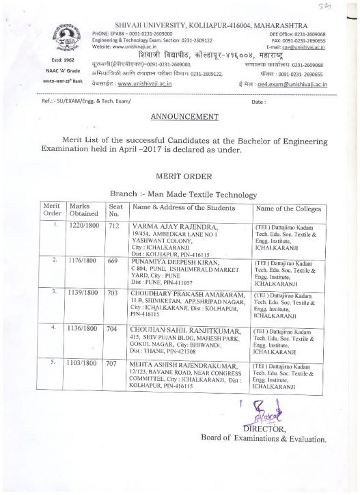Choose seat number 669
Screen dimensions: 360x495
click(114, 260)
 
